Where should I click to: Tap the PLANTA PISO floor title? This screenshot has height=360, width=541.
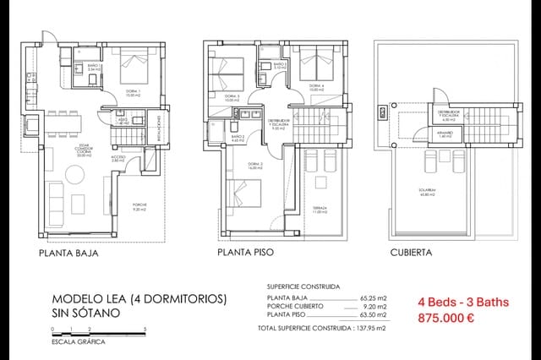245,252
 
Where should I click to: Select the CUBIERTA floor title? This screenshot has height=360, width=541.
412,252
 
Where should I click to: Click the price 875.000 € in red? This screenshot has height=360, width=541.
445,319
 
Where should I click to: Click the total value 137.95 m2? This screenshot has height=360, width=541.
369,327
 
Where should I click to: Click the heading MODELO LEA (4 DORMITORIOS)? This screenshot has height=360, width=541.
139,298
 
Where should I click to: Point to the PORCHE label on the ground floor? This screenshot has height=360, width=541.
139,205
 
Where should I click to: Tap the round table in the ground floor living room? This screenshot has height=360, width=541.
77,204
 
